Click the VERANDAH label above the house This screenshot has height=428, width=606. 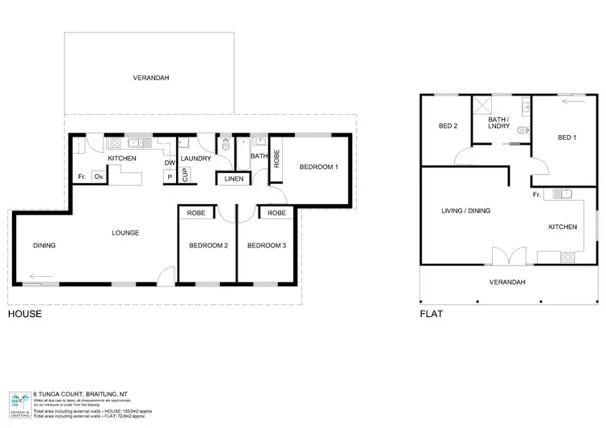(151, 78)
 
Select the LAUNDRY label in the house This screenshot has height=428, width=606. (195, 159)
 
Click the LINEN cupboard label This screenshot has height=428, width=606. (233, 179)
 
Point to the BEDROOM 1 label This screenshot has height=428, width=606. (318, 167)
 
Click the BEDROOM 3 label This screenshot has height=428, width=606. (266, 245)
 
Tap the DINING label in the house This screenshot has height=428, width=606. (44, 245)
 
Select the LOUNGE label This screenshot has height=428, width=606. (126, 233)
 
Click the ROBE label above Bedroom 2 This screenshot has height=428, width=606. (196, 214)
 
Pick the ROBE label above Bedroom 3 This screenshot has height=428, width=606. (276, 214)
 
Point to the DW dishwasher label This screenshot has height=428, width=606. (170, 163)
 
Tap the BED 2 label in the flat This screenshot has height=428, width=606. (448, 126)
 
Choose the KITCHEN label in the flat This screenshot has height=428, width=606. (562, 227)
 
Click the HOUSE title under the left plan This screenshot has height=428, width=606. (24, 313)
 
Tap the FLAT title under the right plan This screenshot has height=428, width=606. (430, 313)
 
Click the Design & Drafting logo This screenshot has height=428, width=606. (19, 402)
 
